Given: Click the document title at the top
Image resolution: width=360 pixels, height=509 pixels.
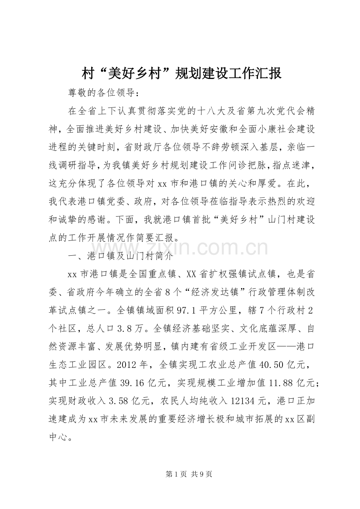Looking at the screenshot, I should point(182,73).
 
